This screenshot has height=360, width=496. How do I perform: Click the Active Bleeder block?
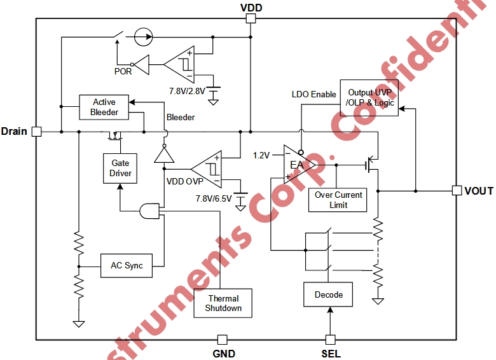[x=104, y=107]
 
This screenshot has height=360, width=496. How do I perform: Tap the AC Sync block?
[x=127, y=265]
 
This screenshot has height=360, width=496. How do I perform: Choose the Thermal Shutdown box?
[x=223, y=303]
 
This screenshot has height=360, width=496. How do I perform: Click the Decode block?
[x=328, y=294]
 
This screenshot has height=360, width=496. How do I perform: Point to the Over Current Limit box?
[x=338, y=200]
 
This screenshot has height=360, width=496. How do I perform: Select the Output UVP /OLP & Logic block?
[x=370, y=97]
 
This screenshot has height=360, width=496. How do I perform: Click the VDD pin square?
[x=251, y=18]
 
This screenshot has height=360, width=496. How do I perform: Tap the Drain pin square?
[x=36, y=132]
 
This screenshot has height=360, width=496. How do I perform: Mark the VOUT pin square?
[x=457, y=190]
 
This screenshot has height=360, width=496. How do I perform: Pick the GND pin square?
[x=222, y=340]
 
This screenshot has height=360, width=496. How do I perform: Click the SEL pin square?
[x=330, y=340]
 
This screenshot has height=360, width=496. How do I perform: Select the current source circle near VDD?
[x=144, y=36]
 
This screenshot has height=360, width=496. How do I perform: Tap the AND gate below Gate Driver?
[x=149, y=211]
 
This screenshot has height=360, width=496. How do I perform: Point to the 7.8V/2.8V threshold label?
[x=187, y=90]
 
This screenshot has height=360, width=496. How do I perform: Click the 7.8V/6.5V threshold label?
[x=214, y=198]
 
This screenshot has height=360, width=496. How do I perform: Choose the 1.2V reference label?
[x=261, y=155]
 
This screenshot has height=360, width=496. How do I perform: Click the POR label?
[x=123, y=71]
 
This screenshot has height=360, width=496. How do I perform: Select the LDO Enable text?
[x=313, y=95]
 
